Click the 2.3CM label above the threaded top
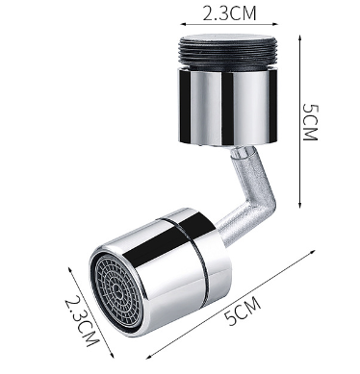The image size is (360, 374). (229, 13)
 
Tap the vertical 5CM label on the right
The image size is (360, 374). (310, 122)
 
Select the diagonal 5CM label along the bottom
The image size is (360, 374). (243, 311)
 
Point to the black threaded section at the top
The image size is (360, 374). (228, 52)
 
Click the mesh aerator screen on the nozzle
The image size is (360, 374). (117, 291)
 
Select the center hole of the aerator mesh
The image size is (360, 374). (117, 291)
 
